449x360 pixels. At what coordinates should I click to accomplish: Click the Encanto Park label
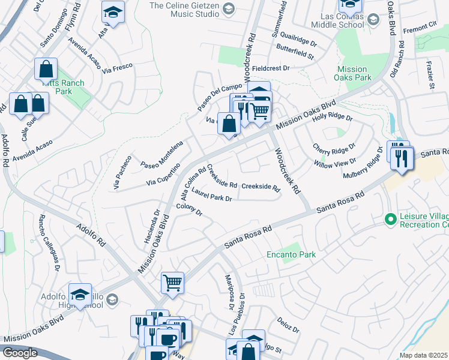pos(291,254)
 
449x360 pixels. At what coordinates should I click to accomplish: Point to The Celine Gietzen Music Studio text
pos(184,10)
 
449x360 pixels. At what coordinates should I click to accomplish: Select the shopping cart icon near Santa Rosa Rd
pos(172,281)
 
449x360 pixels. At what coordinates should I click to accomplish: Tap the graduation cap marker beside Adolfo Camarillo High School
pos(80,294)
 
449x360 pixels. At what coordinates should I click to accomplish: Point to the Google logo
pos(20,353)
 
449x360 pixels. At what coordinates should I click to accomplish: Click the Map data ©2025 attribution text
pos(424,355)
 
